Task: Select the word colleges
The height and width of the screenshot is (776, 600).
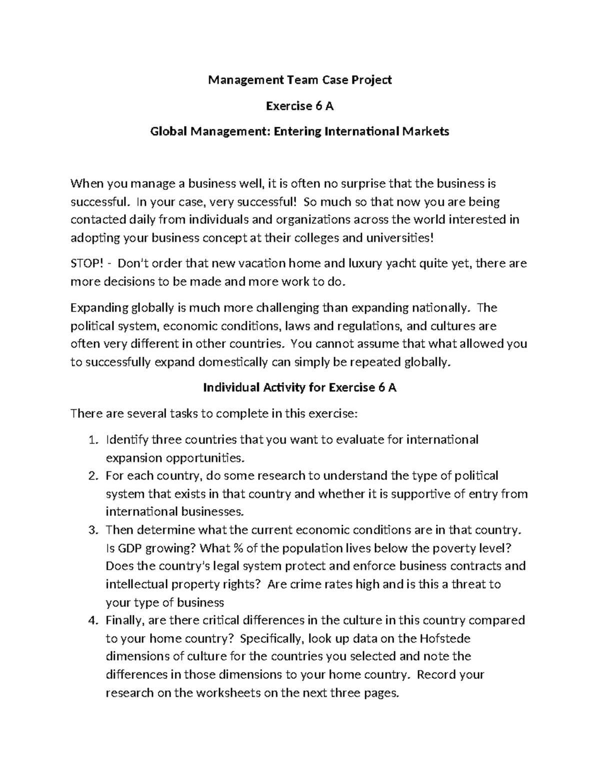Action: click(313, 238)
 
